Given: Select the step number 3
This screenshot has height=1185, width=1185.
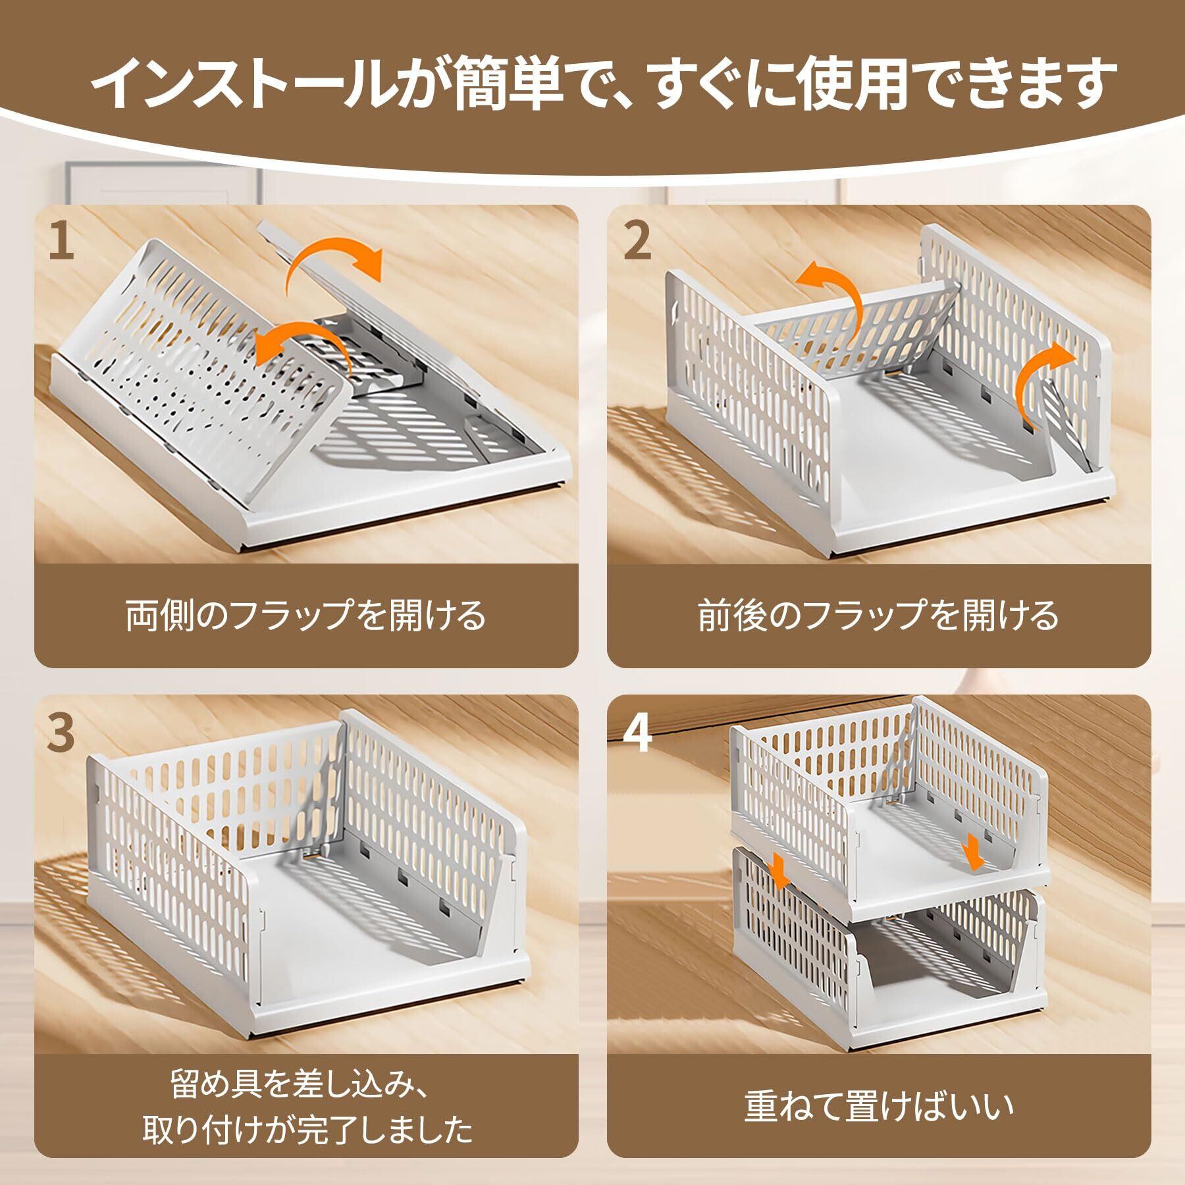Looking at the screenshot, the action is coord(61,734).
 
